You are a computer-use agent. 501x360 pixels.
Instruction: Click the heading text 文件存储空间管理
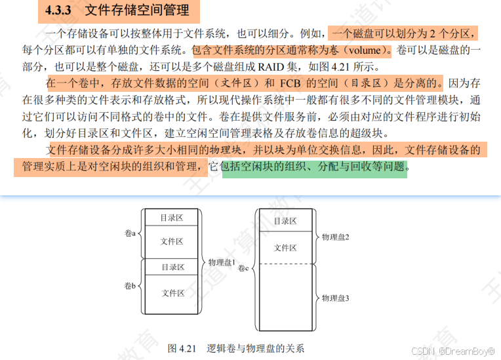point(137,10)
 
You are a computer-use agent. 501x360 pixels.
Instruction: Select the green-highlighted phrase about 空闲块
point(315,167)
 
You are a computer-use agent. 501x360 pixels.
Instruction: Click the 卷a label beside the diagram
point(129,233)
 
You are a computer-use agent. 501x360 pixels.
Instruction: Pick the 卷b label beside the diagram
point(129,287)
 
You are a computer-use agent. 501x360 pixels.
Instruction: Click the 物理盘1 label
point(222,262)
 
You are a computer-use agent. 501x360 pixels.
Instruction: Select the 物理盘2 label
point(335,236)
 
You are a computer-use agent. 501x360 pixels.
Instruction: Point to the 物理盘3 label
point(335,298)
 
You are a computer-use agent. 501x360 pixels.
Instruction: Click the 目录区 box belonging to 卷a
point(172,217)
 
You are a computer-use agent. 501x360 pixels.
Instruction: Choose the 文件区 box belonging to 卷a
point(172,241)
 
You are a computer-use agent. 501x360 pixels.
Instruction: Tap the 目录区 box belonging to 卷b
point(172,267)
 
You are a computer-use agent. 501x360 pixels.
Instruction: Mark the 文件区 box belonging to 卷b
point(172,293)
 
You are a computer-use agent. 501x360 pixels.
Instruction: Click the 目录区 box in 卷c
point(285,221)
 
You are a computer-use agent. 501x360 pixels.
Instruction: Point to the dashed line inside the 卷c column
point(285,264)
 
